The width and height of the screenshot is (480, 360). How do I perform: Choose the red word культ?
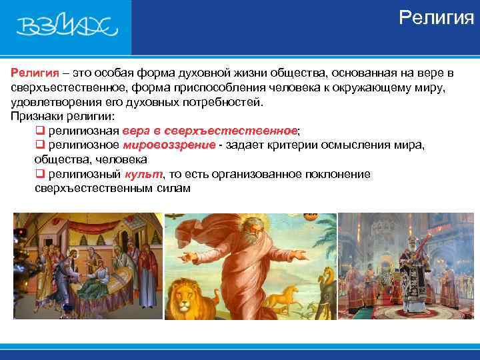point(143,174)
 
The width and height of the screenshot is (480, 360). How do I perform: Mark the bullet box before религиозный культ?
point(39,174)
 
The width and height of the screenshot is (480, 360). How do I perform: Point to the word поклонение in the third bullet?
point(337,174)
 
